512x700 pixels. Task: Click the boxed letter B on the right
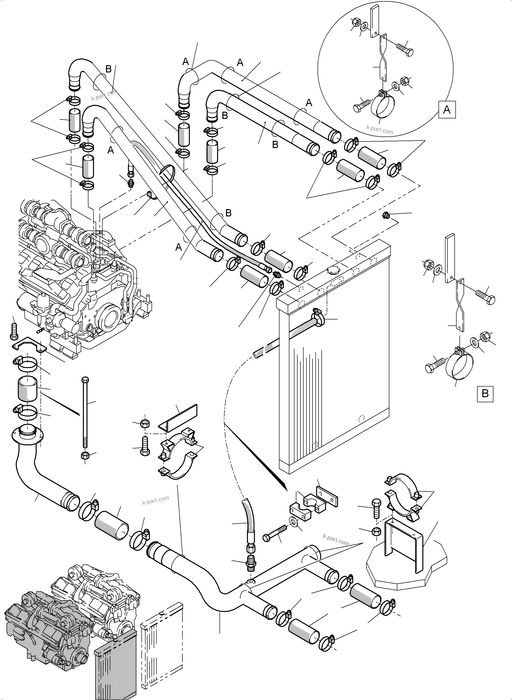(x=485, y=394)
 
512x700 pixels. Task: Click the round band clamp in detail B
(x=459, y=366)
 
